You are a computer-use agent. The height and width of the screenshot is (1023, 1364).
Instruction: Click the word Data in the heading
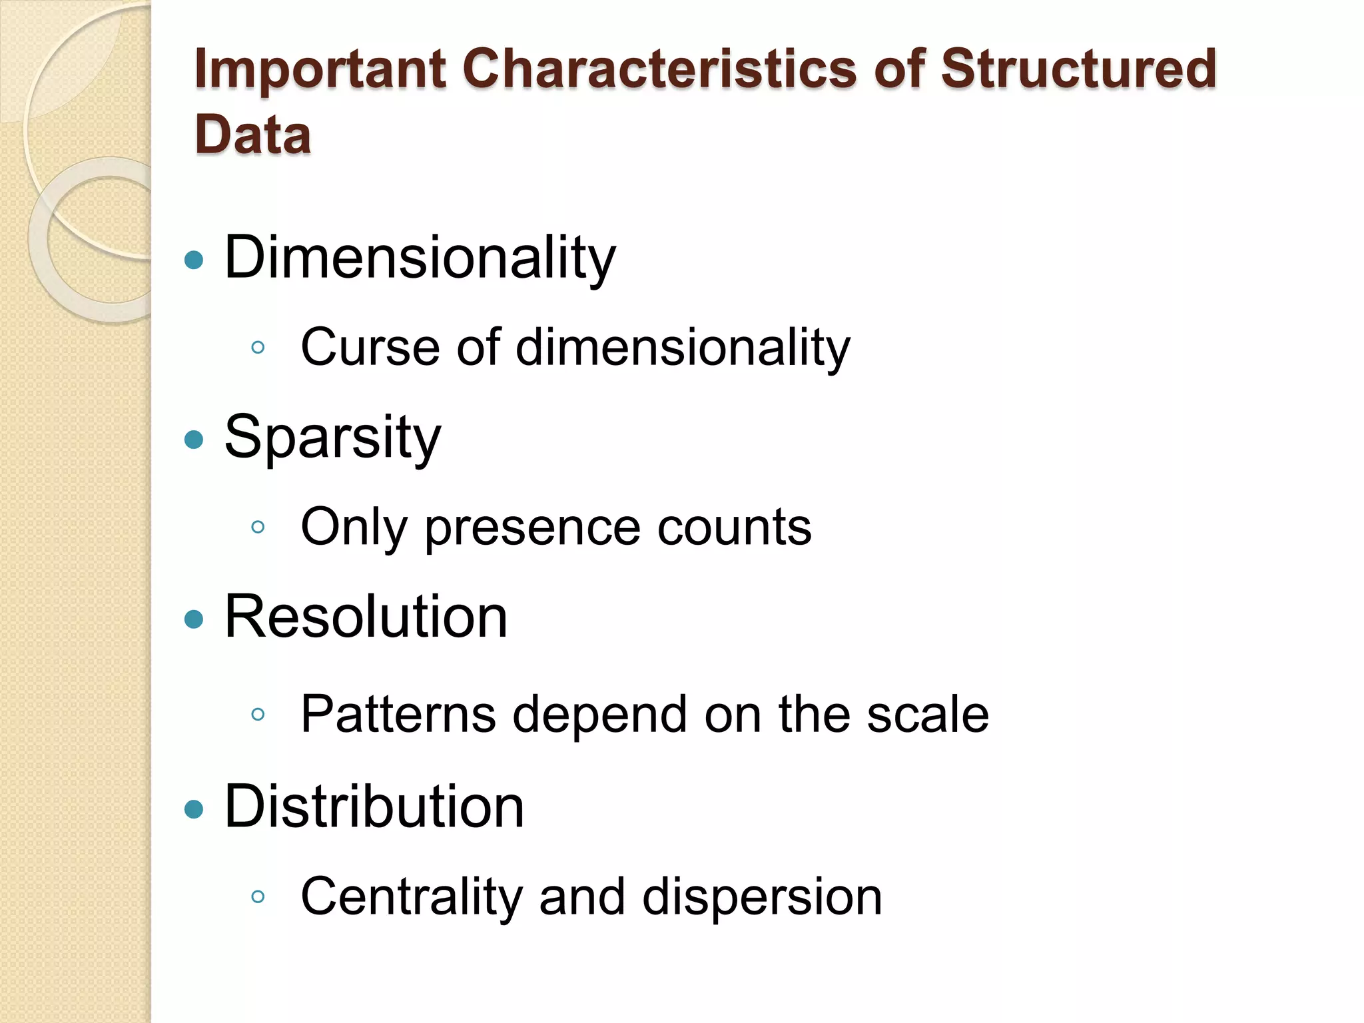tap(253, 136)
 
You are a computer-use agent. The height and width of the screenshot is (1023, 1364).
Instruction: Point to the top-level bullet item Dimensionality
tap(420, 258)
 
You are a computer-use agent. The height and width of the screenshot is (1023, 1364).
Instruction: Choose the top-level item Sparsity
tap(333, 438)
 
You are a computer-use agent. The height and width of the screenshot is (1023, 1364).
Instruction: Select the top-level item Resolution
tap(366, 617)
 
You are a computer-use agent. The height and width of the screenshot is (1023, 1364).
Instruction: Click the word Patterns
tap(398, 714)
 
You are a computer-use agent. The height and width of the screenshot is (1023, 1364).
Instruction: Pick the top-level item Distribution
tap(374, 807)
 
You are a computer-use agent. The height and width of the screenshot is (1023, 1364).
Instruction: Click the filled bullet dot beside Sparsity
tap(193, 440)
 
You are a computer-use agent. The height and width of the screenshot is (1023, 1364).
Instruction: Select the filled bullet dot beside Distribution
tap(193, 809)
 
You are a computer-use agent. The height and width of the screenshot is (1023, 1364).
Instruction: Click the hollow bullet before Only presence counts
tap(258, 527)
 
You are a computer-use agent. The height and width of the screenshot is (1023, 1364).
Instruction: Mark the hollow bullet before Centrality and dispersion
tap(258, 897)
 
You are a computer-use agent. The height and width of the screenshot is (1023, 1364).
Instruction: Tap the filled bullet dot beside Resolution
tap(193, 619)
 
